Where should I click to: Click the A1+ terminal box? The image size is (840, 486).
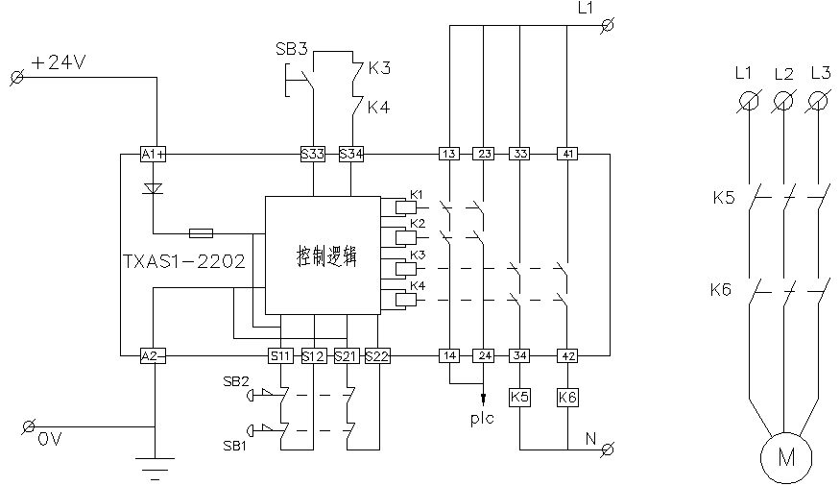tap(154, 154)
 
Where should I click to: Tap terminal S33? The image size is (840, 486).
tap(313, 154)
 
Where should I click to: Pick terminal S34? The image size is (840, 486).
tap(351, 154)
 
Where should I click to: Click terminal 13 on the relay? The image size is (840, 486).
tap(449, 154)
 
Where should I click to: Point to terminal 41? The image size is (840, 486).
tap(567, 154)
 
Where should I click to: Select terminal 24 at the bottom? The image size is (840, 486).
tap(484, 355)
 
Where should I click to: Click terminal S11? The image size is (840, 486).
tap(280, 355)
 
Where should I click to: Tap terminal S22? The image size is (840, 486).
tap(378, 355)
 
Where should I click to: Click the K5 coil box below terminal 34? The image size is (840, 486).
tap(519, 396)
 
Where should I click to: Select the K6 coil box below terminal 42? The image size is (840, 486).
tap(567, 396)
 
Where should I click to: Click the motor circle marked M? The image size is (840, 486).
tap(786, 458)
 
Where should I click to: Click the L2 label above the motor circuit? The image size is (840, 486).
tap(783, 73)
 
